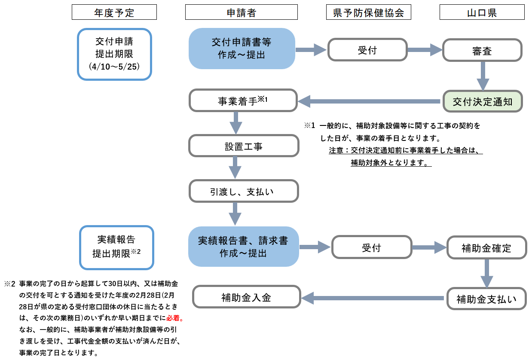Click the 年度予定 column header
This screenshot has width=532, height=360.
[114, 12]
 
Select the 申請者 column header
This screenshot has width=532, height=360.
[241, 12]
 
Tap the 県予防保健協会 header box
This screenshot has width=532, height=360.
[368, 12]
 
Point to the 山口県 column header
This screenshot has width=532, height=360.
[482, 12]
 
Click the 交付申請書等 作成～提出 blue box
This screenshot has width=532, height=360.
[242, 49]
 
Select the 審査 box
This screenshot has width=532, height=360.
[482, 50]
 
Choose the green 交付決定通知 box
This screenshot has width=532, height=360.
[482, 101]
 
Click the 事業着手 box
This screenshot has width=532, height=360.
[243, 101]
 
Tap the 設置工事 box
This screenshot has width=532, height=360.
[244, 146]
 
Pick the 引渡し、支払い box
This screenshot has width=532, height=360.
[244, 191]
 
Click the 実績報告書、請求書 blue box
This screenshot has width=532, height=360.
[243, 247]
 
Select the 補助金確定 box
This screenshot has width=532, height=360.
[486, 247]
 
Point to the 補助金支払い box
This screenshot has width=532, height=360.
[486, 298]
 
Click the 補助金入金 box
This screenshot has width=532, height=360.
[246, 297]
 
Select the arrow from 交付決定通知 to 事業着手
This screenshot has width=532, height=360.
[370, 102]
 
